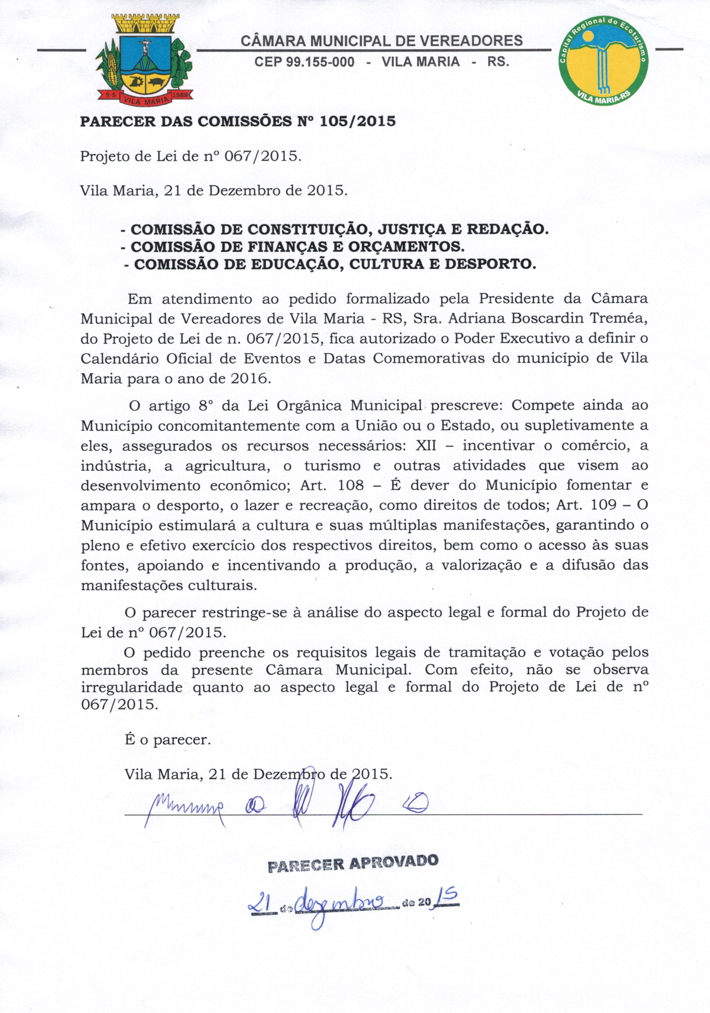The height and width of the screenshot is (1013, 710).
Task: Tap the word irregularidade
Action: [131, 687]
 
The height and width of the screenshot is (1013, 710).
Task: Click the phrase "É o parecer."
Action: [168, 740]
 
